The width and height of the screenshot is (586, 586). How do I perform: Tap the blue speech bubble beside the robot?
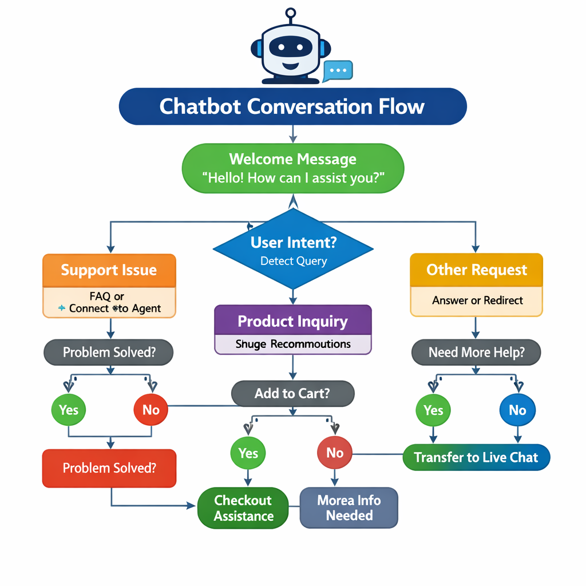[x=338, y=71]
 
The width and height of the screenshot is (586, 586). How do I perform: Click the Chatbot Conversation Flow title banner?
[x=292, y=106]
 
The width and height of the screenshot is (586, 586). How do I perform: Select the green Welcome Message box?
[x=292, y=168]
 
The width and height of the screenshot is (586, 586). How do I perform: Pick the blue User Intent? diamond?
[x=293, y=249]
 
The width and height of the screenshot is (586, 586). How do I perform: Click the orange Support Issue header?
[x=109, y=270]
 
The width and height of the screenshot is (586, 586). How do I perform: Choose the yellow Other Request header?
[x=476, y=270]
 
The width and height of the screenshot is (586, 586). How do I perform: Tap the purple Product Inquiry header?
[x=292, y=320]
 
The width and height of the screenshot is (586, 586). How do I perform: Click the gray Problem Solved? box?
[x=109, y=352]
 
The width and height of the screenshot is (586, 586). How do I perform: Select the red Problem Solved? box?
[x=109, y=468]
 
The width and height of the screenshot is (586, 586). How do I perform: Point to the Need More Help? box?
[x=476, y=353]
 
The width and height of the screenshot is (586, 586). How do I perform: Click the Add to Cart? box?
[x=292, y=394]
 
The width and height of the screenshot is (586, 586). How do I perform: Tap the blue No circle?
[x=517, y=410]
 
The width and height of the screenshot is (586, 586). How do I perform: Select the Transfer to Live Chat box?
[x=476, y=457]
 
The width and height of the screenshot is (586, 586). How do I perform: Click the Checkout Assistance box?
[x=243, y=508]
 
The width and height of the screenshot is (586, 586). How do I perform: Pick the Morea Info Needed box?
[x=349, y=508]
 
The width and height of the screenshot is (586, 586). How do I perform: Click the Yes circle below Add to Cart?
[x=248, y=453]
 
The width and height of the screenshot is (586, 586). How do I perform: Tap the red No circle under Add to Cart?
[x=334, y=453]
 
